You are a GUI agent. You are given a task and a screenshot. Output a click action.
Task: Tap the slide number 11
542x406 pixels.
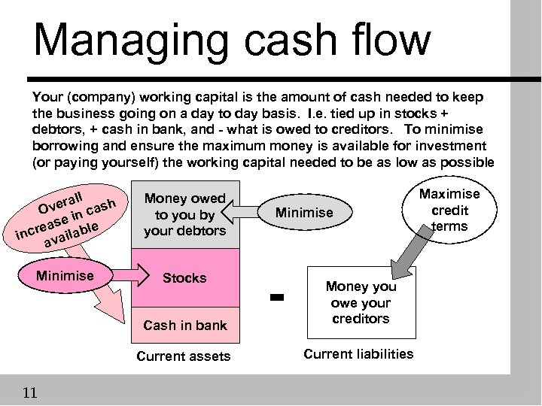(x=31, y=392)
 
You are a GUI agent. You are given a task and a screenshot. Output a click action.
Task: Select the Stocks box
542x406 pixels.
(x=184, y=278)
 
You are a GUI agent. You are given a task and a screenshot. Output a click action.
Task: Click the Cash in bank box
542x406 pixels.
(x=184, y=325)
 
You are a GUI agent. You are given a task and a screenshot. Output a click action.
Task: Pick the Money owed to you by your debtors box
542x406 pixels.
(x=184, y=214)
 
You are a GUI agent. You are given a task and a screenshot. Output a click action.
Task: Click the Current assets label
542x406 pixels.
(x=184, y=356)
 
